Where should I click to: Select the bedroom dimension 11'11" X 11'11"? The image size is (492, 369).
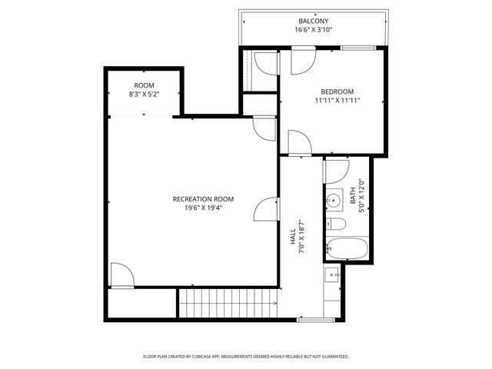337,100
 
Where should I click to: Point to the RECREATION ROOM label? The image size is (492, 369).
203,199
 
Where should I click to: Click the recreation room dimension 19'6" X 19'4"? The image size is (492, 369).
203,208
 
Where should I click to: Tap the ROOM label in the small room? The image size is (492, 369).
144,85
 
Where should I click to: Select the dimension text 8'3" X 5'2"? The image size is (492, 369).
144,94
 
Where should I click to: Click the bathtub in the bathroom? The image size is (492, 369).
345,248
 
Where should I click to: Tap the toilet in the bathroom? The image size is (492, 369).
336,224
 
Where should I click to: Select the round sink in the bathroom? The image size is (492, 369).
334,201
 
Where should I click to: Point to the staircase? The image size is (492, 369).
228,303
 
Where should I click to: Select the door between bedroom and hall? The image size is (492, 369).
298,142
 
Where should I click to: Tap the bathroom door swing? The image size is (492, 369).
337,171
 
